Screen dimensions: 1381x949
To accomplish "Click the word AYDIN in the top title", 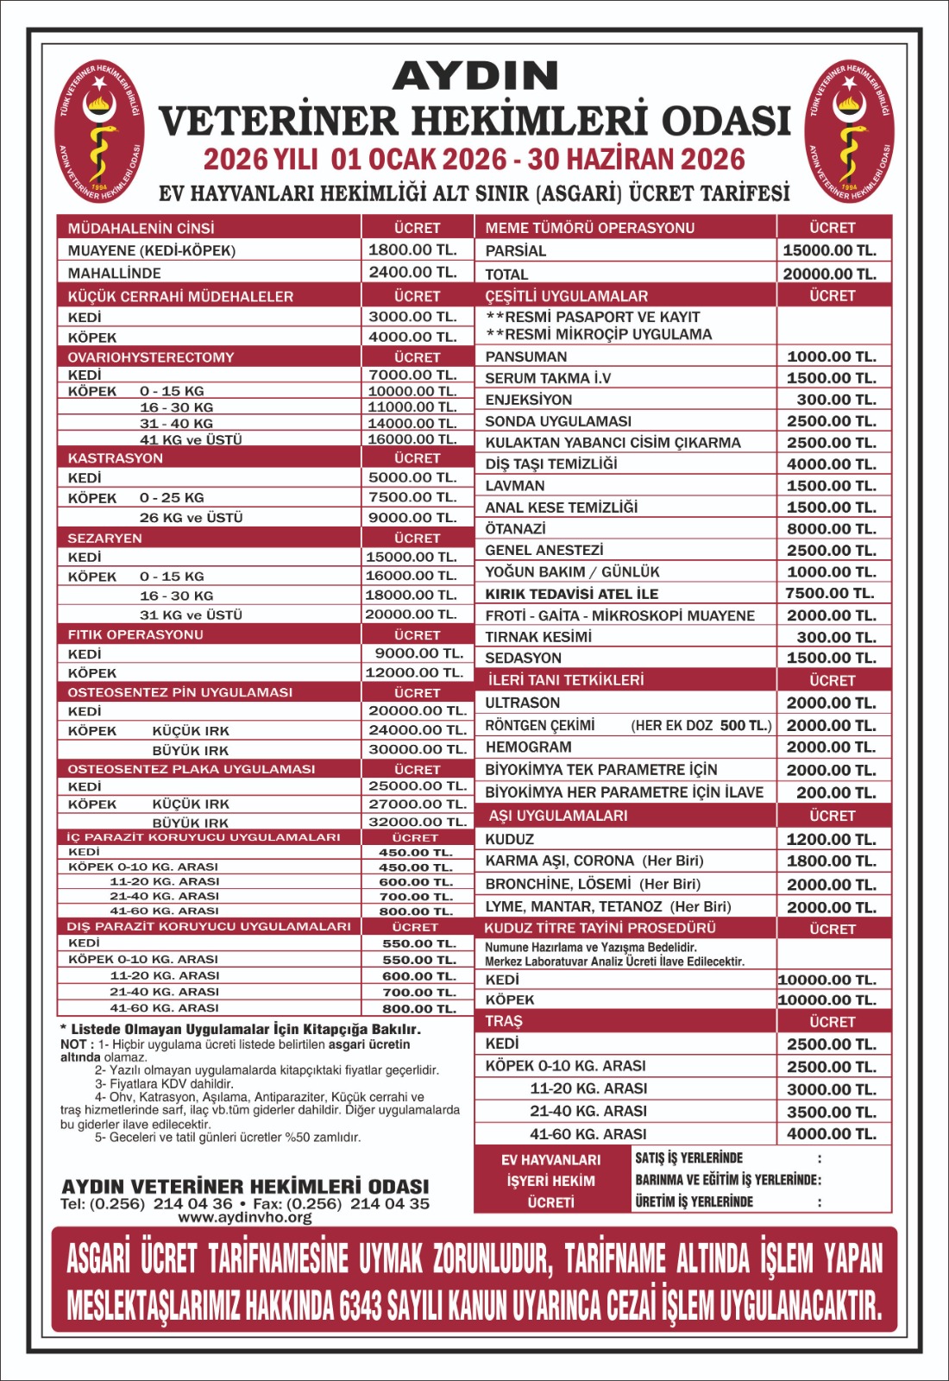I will tap(475, 77).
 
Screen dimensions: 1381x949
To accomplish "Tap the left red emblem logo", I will tap(99, 131).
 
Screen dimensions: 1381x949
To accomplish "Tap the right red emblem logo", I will tap(849, 131).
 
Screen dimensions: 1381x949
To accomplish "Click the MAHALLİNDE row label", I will tap(114, 273).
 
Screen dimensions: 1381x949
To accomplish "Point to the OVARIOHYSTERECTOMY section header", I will tap(151, 357).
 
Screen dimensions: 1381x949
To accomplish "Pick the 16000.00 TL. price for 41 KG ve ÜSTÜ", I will tap(412, 439).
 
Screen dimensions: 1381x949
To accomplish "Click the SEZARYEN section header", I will tap(105, 538).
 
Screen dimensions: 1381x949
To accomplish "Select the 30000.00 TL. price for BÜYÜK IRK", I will tap(418, 749).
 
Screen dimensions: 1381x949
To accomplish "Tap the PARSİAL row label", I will tap(516, 251).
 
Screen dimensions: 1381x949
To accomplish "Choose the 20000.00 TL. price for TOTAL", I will tap(830, 274).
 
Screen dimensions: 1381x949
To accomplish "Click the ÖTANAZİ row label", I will tap(516, 529).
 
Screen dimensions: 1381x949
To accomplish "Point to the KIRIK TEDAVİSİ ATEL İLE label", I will tap(571, 594).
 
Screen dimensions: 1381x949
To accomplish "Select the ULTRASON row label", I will tap(523, 703).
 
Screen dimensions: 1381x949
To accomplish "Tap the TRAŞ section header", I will tap(504, 1021).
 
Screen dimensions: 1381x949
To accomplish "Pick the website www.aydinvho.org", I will tap(245, 1217).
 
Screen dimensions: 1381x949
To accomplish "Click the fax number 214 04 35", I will tap(390, 1203).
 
